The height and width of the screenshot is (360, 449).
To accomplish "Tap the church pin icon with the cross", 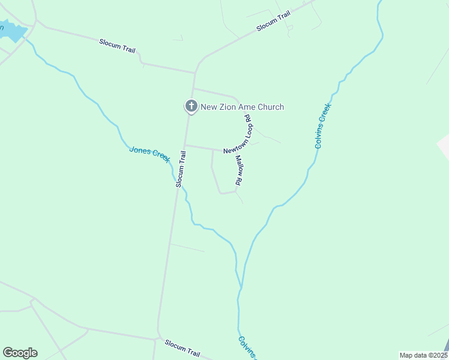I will click(191, 107).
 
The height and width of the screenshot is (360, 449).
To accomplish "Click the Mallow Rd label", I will click(239, 170).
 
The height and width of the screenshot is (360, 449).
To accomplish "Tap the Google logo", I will click(20, 353).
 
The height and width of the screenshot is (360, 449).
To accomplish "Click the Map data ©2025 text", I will click(423, 355).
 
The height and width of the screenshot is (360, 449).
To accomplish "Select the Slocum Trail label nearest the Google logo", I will click(182, 348).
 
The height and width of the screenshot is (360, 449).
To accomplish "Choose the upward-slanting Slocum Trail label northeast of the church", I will click(273, 21).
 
